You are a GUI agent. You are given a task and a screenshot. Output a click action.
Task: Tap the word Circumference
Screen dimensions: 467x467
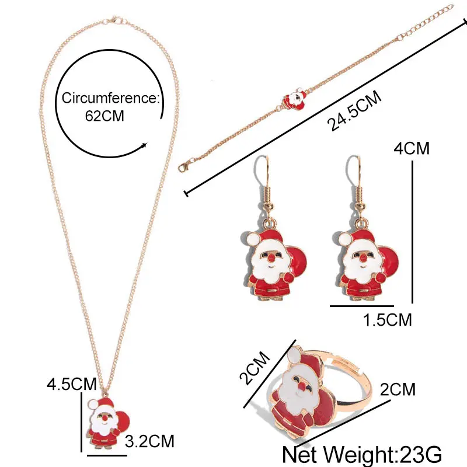109,97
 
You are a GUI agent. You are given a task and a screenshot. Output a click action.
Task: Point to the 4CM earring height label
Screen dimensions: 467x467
412,148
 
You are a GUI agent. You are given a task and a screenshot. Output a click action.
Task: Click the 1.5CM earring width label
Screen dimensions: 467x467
388,319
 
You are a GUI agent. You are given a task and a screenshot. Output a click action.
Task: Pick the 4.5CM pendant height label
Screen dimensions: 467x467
72,385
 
